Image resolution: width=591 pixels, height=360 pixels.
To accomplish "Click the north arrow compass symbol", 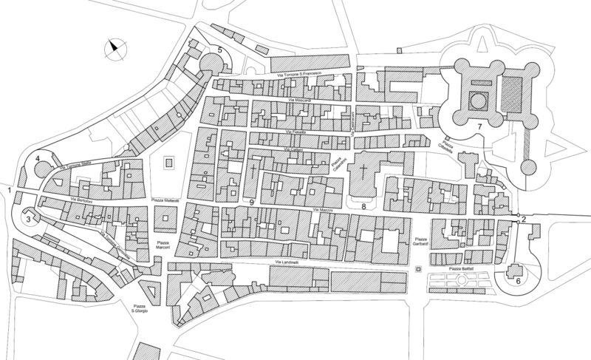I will click(113, 50).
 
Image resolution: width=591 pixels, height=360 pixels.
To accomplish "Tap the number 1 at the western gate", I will click(9, 191).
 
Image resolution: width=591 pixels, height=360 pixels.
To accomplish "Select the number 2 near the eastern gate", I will click(523, 219).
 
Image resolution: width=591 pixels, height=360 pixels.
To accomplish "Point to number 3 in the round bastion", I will click(28, 219).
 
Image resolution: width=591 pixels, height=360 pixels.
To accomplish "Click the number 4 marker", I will click(37, 159).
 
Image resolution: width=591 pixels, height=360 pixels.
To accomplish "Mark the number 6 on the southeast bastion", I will click(518, 281).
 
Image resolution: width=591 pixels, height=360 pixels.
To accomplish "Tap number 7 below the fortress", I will click(479, 128).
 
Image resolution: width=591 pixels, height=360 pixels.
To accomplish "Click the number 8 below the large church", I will click(363, 206).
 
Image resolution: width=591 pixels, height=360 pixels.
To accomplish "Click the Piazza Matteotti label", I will click(166, 200).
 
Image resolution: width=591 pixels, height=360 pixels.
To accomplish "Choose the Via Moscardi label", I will click(301, 100).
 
